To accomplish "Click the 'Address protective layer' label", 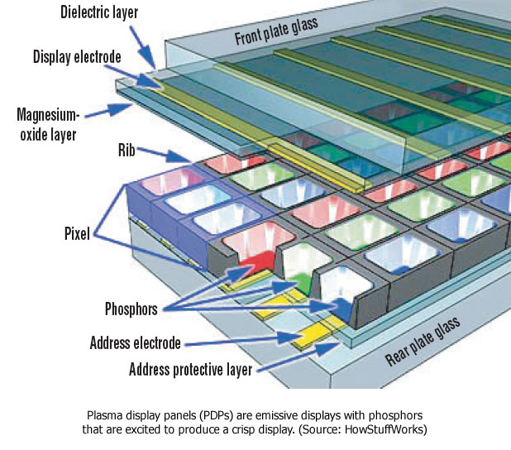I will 190,369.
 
